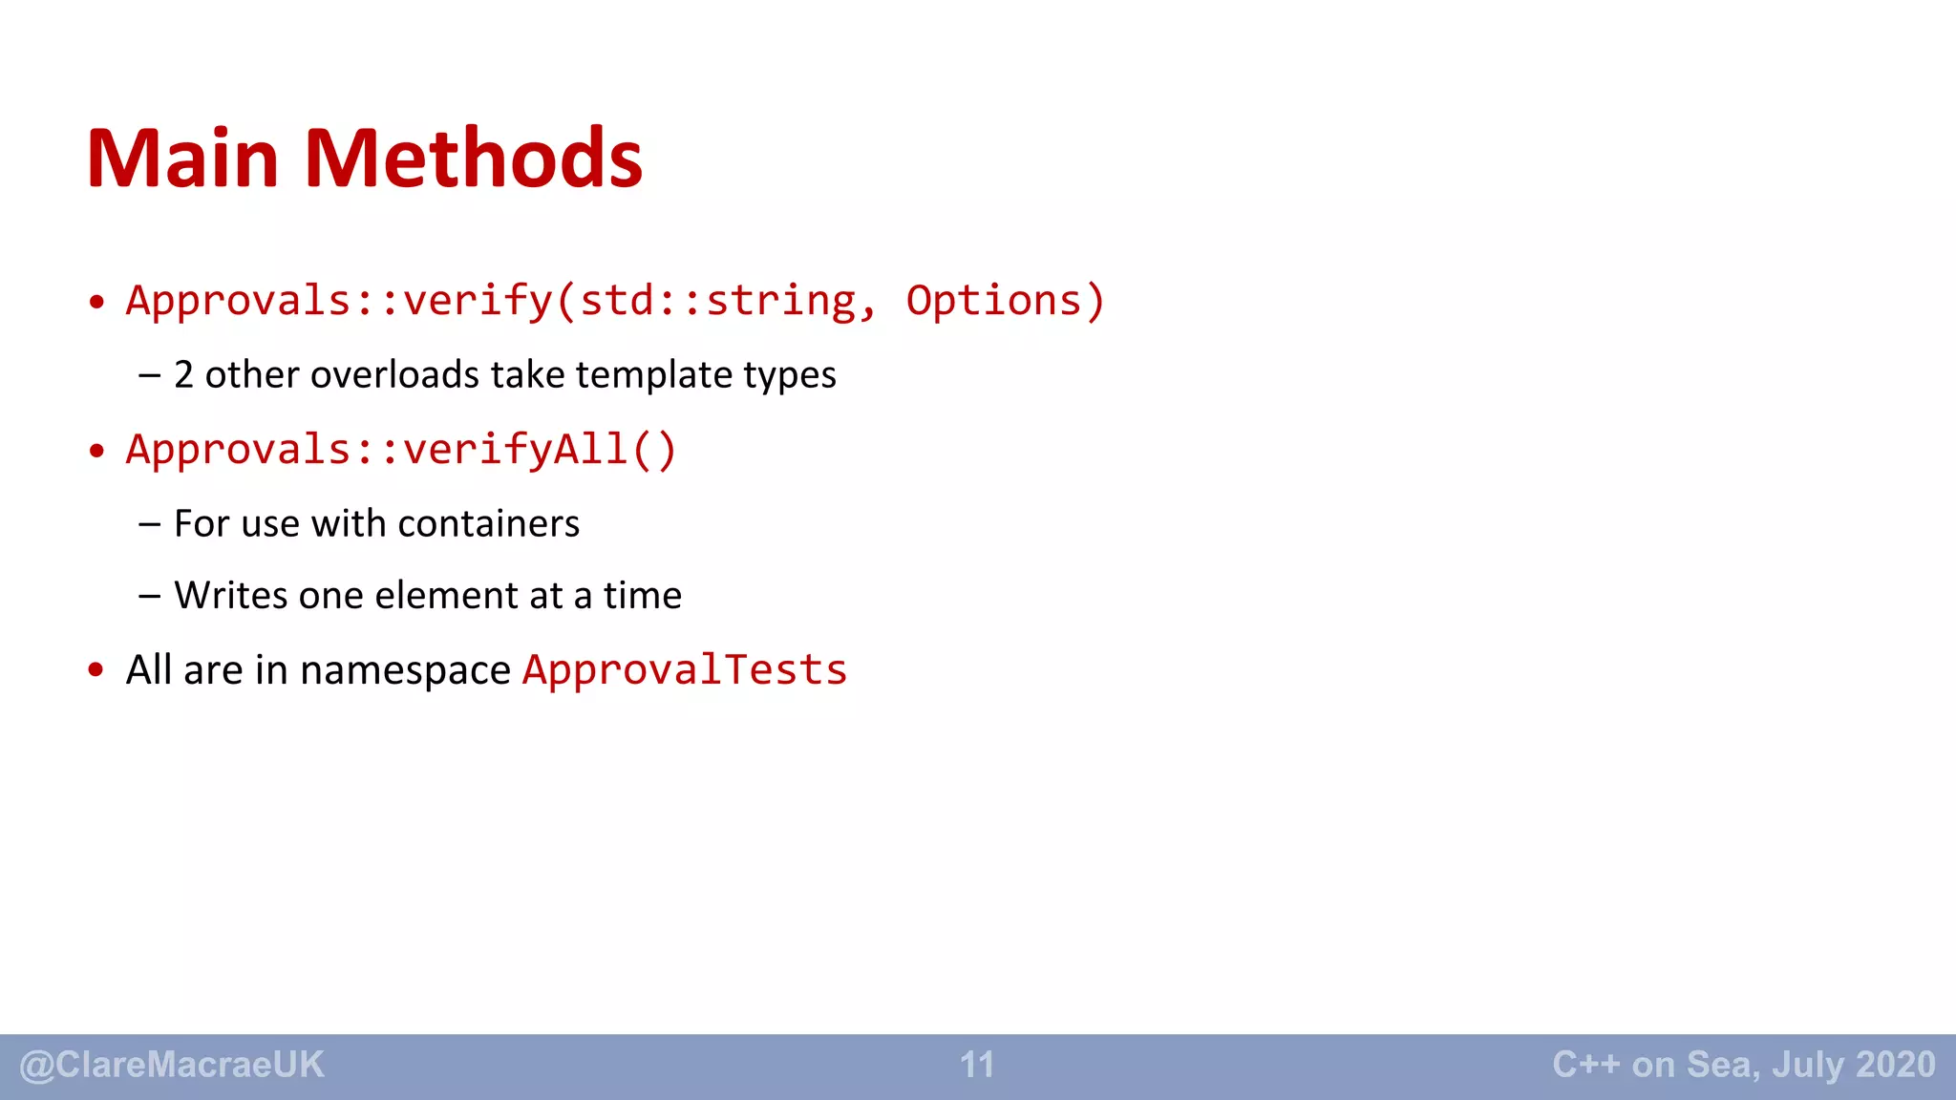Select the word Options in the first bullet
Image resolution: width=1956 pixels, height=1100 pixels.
tap(993, 301)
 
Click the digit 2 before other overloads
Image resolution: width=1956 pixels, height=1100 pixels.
tap(183, 374)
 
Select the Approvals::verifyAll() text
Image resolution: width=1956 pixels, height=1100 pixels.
tap(401, 450)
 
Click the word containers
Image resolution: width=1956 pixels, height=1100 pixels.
tap(488, 523)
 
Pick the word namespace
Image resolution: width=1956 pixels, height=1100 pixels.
tap(405, 670)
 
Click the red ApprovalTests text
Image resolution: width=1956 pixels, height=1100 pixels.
tap(684, 670)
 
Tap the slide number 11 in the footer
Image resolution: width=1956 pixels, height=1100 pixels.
tap(977, 1065)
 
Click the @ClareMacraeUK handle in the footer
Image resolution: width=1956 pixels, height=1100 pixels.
tap(172, 1065)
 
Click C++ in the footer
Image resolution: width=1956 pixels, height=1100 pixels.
tap(1585, 1065)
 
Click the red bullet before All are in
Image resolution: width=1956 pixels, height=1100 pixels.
tap(96, 670)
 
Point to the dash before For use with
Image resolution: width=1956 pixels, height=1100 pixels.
tap(149, 523)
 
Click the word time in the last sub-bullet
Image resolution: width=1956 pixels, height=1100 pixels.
tap(642, 595)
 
